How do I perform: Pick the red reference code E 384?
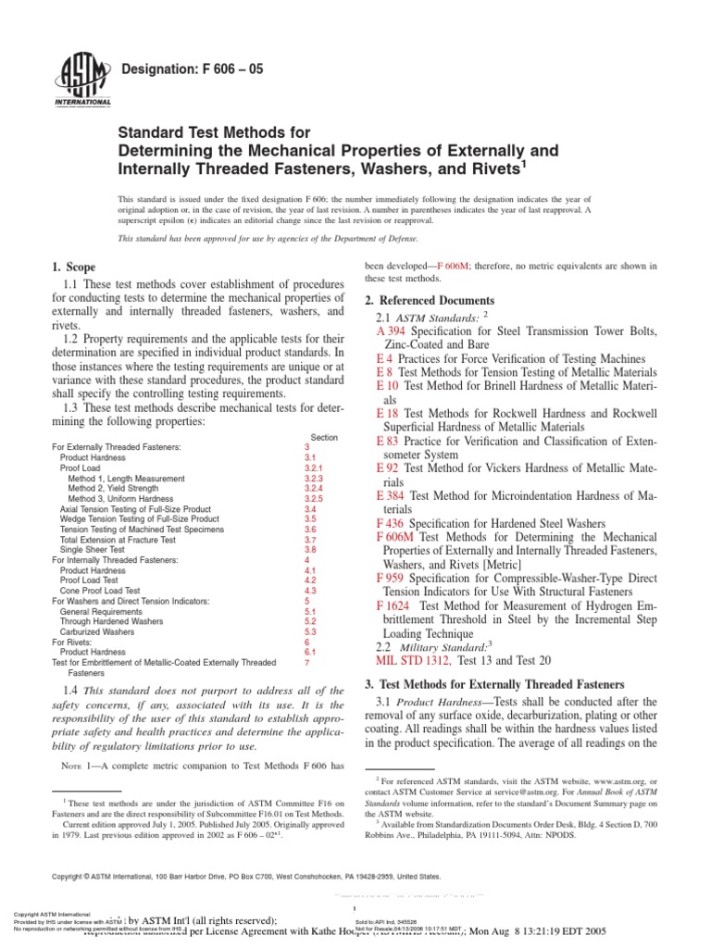(x=392, y=496)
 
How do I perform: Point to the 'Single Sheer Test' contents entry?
(x=94, y=549)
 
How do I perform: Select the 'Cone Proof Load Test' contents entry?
(x=101, y=590)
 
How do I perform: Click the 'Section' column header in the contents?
(x=325, y=437)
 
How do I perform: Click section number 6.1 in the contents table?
(x=310, y=652)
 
